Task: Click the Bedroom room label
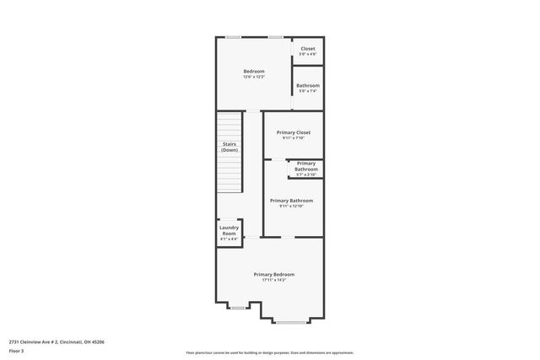tap(254, 71)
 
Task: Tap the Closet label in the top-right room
tap(308, 48)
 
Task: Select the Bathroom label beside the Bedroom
tap(308, 85)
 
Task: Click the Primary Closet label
tap(294, 132)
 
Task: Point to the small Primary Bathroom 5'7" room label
tap(305, 166)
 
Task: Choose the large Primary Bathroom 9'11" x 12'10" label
tap(291, 201)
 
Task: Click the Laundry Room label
tap(229, 229)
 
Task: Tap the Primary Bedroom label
tap(274, 274)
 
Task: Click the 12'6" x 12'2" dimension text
tap(254, 77)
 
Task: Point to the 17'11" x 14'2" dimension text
tap(274, 280)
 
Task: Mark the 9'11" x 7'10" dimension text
tap(294, 138)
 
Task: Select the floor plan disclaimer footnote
tap(270, 352)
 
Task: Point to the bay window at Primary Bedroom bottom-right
tap(291, 321)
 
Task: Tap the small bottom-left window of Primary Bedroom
tap(237, 307)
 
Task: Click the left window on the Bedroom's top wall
tap(233, 37)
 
